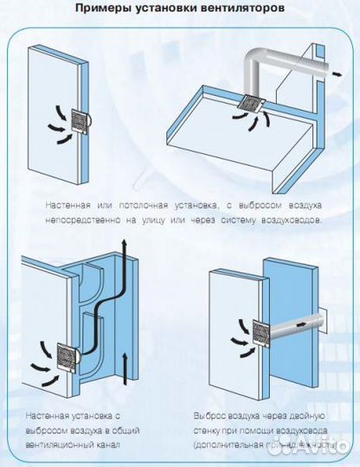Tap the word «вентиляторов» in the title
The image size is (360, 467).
pyautogui.click(x=247, y=10)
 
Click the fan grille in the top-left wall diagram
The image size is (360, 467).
pyautogui.click(x=80, y=127)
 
